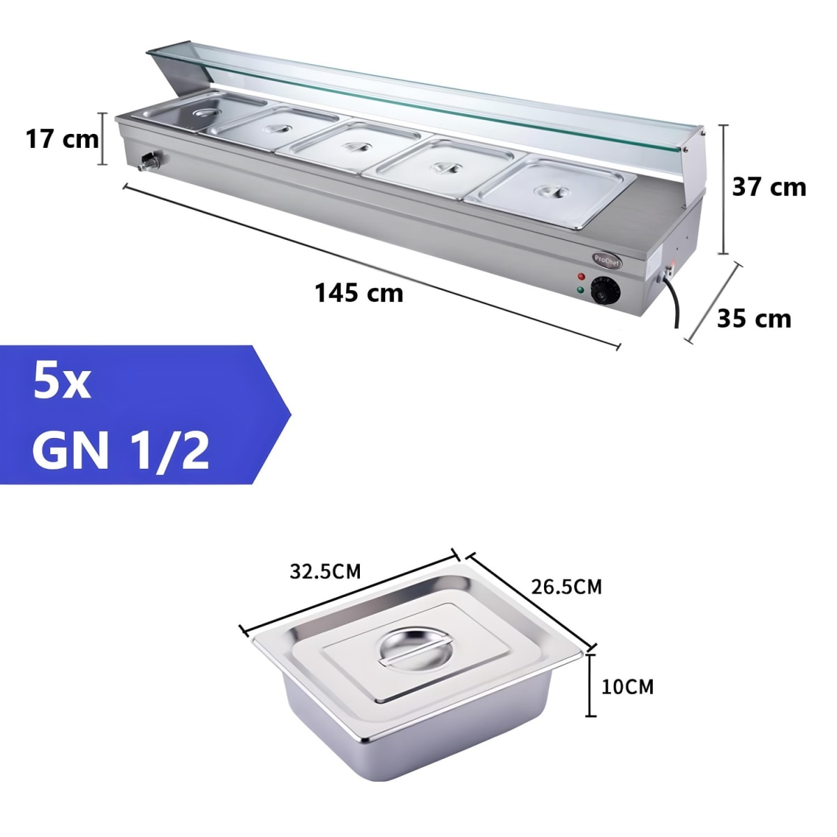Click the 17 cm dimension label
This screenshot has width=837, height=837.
pos(63,139)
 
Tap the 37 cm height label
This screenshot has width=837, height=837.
pos(769,187)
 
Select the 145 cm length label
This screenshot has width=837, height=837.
pos(359,293)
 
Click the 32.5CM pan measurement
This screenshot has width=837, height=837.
pos(325,572)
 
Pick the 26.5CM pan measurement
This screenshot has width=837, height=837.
pos(566,587)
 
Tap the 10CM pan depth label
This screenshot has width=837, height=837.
pos(627,687)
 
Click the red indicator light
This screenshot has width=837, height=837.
pos(581,277)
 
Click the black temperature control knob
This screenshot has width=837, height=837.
pos(604,292)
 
